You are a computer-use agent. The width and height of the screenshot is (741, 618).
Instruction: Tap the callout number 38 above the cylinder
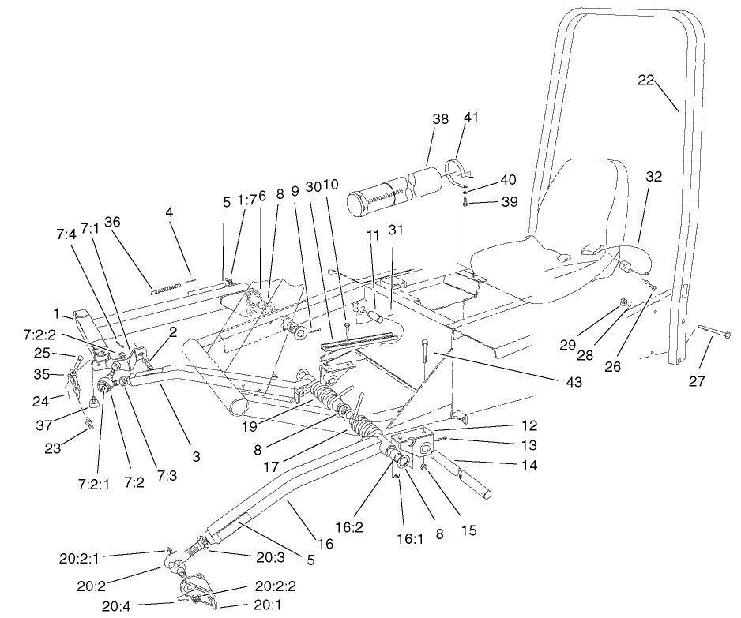440,119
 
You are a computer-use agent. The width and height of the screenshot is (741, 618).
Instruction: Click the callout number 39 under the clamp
508,204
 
